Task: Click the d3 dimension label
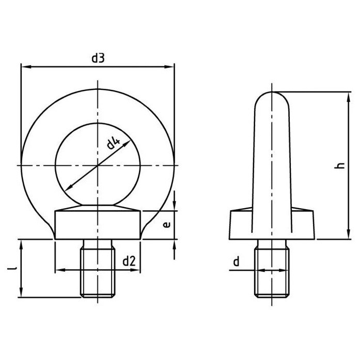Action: point(98,58)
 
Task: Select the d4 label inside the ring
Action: point(113,144)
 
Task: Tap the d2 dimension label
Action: point(129,261)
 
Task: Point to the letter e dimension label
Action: point(167,225)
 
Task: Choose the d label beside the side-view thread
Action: point(236,261)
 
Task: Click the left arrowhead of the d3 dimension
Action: point(26,67)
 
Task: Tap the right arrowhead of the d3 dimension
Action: point(169,67)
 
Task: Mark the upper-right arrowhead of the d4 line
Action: point(127,143)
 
